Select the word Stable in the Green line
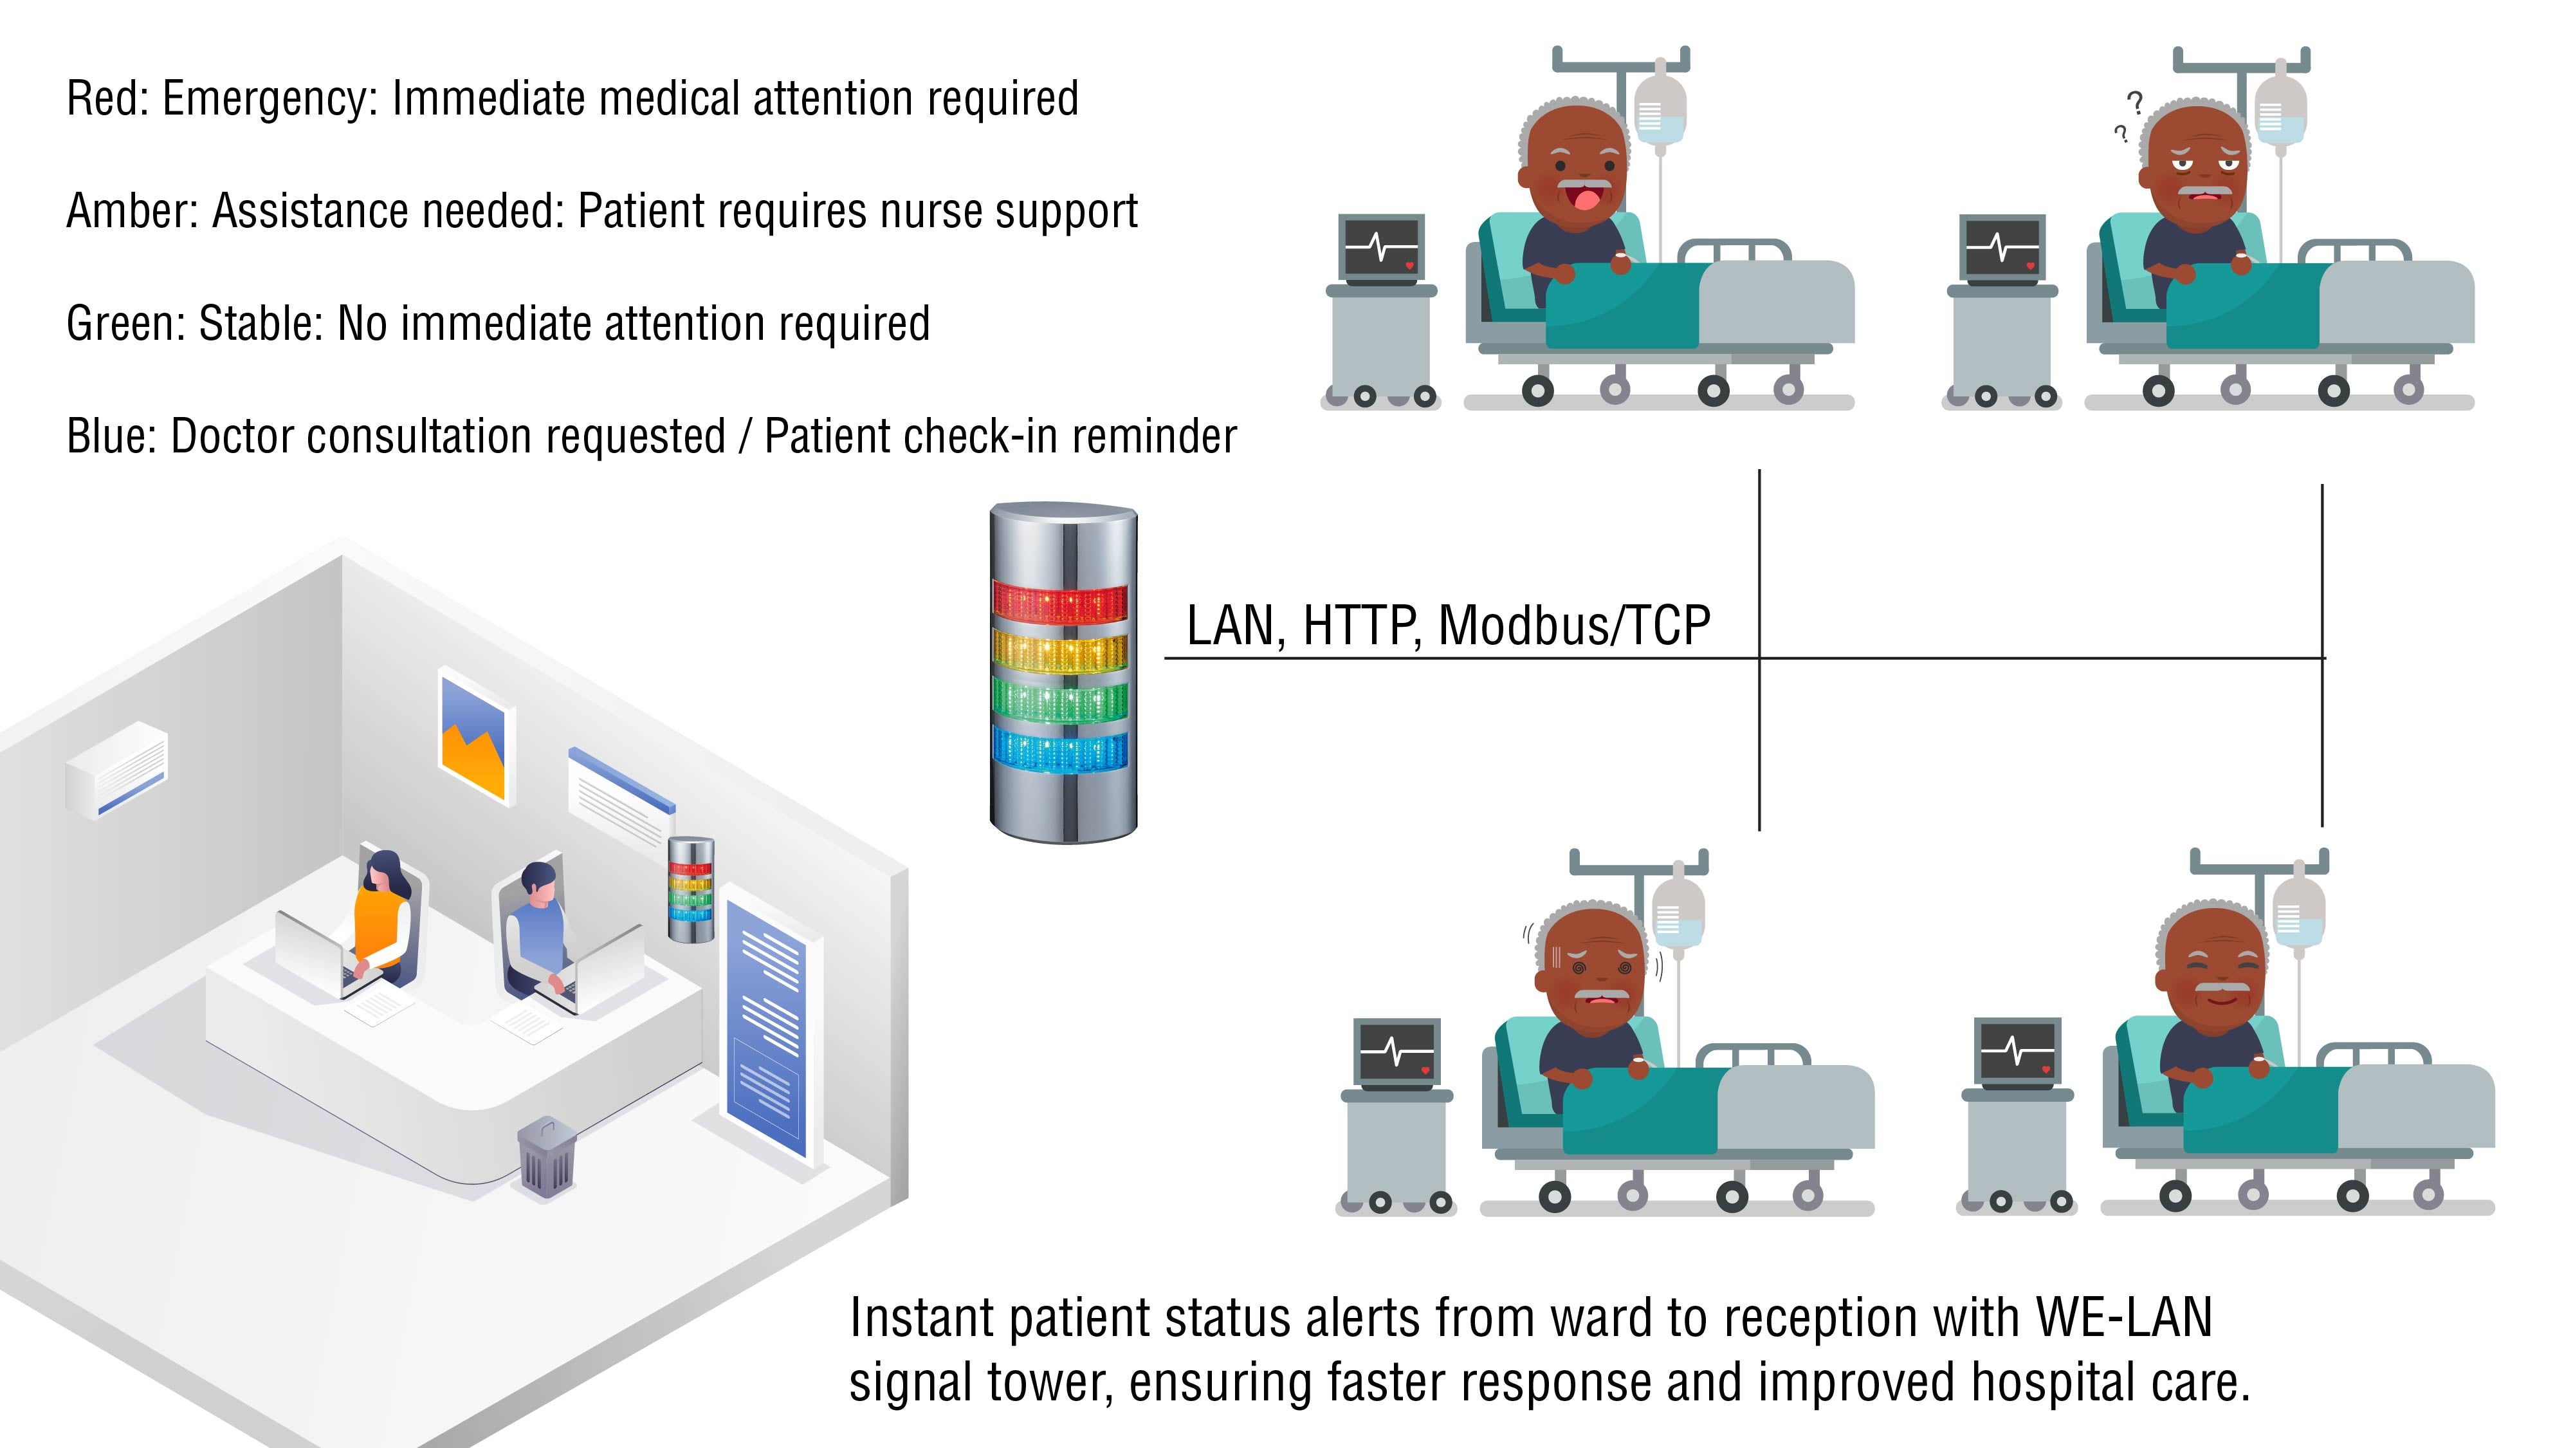259,324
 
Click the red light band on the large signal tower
1060,602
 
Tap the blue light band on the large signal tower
1060,750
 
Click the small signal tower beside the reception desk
690,889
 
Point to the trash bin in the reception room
546,1159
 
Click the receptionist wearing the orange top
381,920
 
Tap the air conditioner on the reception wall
117,770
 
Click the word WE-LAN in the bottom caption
2125,1317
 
